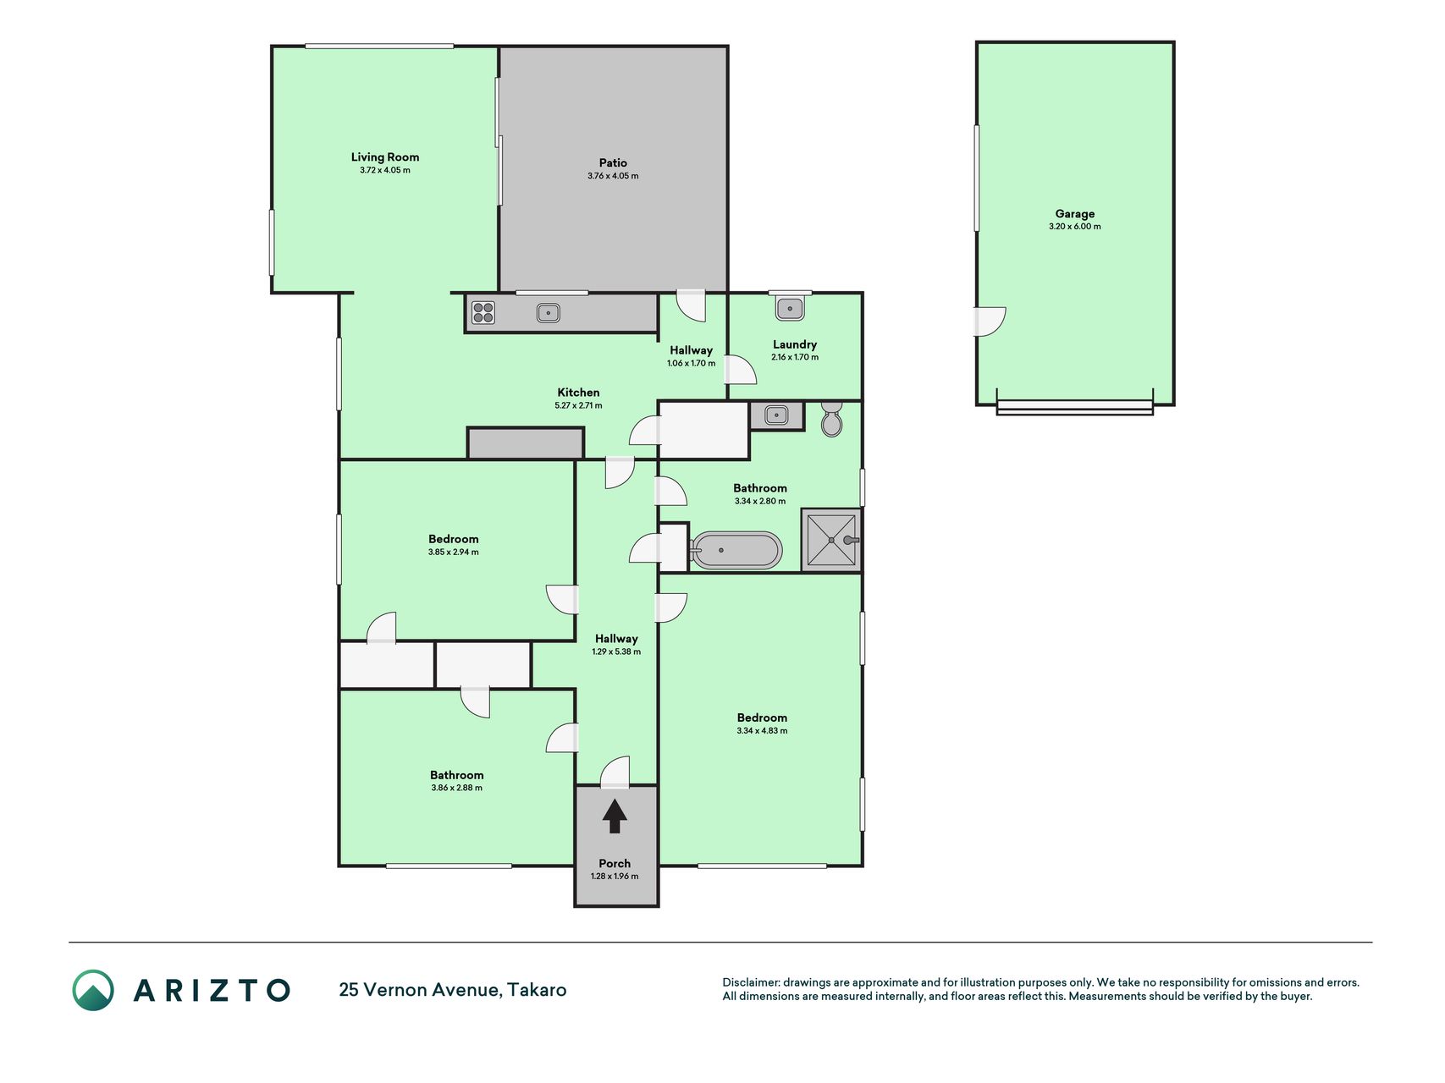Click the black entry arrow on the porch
pos(615,816)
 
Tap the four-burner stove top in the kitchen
pos(483,312)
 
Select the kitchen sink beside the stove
pos(548,313)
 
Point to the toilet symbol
pos(831,419)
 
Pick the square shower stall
pos(831,541)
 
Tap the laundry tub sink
pos(790,308)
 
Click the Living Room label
pos(385,157)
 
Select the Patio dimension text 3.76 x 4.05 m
pos(613,176)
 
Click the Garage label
pos(1074,214)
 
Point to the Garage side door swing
pos(990,322)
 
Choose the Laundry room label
pos(795,344)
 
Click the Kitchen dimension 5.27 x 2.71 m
pos(578,405)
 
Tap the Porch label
pos(615,864)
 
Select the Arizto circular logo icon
pos(93,990)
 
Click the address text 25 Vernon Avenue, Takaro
pos(453,990)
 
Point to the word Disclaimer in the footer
pos(751,982)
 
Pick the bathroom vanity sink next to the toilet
pos(776,415)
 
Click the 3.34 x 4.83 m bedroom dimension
pos(762,731)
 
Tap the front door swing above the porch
pos(615,772)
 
